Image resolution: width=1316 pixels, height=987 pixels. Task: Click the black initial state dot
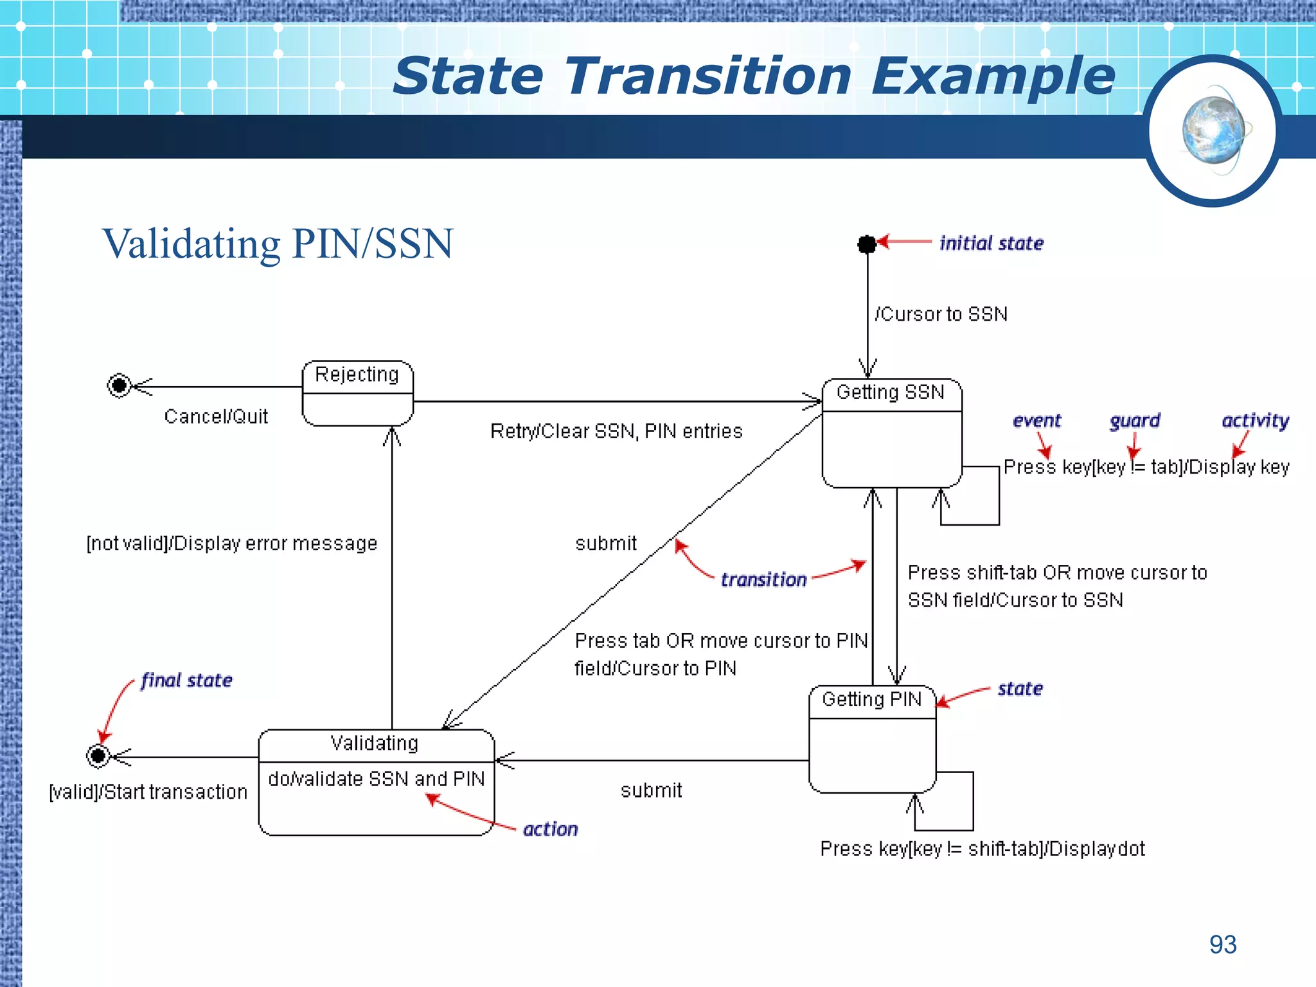[x=867, y=244]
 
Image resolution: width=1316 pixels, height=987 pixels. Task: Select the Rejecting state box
[x=357, y=393]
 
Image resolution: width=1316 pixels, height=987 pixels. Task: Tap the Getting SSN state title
[x=890, y=392]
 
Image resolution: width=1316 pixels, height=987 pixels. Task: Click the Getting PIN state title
[x=871, y=699]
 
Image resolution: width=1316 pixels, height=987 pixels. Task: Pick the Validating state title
[x=375, y=743]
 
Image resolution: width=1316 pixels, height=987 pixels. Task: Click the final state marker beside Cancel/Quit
[x=119, y=386]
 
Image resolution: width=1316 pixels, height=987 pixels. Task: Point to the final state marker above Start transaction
[x=98, y=756]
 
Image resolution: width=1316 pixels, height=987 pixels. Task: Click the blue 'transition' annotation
[x=763, y=580]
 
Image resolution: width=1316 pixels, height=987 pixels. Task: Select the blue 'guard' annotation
[x=1135, y=421]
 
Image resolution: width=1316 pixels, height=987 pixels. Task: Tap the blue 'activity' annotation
[x=1255, y=420]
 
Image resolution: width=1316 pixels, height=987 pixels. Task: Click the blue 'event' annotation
[x=1036, y=421]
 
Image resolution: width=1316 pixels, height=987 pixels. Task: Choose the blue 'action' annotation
[x=550, y=830]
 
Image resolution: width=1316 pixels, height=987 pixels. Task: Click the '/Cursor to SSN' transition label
[x=941, y=314]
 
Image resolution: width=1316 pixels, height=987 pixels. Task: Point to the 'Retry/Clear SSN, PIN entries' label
[x=616, y=431]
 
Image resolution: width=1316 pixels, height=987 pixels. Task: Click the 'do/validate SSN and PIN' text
[x=377, y=779]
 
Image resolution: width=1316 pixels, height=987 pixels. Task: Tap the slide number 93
[x=1222, y=945]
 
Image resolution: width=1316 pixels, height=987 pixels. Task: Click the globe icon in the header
[x=1213, y=131]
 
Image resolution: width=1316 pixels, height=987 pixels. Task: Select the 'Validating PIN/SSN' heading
[x=278, y=244]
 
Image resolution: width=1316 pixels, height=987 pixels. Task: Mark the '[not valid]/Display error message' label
[x=232, y=544]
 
